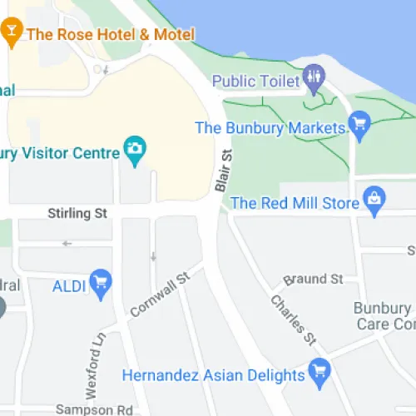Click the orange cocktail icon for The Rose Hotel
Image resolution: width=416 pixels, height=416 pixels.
(12, 33)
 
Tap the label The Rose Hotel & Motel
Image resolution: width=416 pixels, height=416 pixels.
(111, 35)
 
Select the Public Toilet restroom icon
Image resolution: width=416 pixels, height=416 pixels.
(313, 81)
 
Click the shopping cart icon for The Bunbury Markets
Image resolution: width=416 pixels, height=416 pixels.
(359, 126)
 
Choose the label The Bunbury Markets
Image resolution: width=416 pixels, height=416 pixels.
(270, 128)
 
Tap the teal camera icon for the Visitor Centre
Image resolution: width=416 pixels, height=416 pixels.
(133, 150)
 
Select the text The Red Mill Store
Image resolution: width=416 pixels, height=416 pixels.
(295, 203)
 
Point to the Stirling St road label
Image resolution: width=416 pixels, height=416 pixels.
(77, 214)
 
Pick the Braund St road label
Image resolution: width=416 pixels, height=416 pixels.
(313, 279)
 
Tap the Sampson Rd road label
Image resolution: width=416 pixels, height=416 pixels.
(94, 409)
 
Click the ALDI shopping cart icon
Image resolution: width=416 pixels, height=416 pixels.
(101, 283)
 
